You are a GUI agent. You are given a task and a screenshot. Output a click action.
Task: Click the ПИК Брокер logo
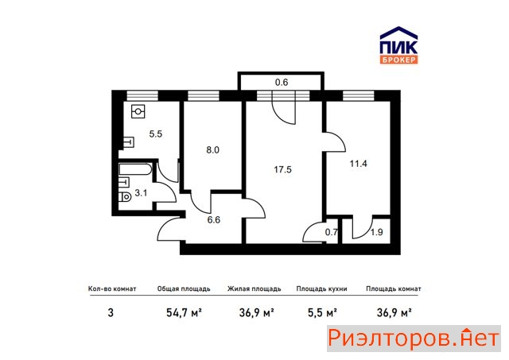click(x=398, y=45)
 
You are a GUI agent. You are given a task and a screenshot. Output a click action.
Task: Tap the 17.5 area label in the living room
click(x=282, y=169)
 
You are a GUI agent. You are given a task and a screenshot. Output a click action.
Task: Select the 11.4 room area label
click(x=358, y=164)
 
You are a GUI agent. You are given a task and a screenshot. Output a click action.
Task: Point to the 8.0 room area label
click(x=212, y=150)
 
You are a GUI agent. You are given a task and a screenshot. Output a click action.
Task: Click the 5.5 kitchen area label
click(x=156, y=134)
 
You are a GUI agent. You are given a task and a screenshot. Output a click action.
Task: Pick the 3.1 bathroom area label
click(x=141, y=193)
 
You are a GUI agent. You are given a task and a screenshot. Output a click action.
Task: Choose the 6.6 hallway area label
click(x=214, y=220)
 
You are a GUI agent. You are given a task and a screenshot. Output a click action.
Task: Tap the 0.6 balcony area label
click(x=282, y=83)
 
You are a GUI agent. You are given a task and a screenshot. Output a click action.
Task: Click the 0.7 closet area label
click(x=331, y=232)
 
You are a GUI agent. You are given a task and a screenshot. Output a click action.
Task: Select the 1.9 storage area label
click(x=376, y=232)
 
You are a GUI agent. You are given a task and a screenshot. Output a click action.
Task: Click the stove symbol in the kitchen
click(x=138, y=111)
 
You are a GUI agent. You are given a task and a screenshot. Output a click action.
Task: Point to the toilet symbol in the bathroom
click(x=125, y=196)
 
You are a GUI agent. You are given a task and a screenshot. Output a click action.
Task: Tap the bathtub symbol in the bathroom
click(x=135, y=169)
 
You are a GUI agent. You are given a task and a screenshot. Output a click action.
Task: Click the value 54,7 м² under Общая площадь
click(x=184, y=313)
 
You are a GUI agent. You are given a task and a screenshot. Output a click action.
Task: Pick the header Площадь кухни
click(x=321, y=288)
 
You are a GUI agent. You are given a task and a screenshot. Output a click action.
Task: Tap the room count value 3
click(x=111, y=313)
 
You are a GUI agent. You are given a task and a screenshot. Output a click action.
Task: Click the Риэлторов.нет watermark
click(x=414, y=339)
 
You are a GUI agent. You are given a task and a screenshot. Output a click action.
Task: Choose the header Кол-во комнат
click(x=112, y=288)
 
